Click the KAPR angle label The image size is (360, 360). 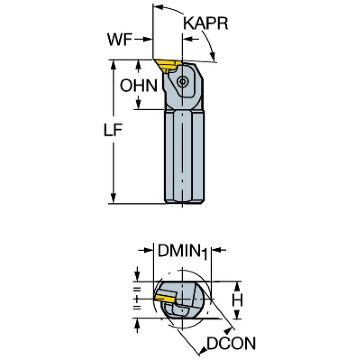coord(206,23)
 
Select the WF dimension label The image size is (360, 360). coord(120,39)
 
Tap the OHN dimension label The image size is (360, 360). coord(138,85)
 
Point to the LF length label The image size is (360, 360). coord(113,130)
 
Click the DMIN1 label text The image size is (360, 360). coord(183,252)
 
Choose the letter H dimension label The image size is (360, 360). coord(237,300)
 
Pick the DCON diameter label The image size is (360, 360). coord(231,344)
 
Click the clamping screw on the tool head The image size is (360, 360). coord(183,81)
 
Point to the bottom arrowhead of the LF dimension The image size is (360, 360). coord(113,198)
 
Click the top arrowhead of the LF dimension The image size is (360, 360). coord(113,65)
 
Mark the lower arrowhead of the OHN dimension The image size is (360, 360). coord(138,105)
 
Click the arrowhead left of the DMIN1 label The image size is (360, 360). coord(148,250)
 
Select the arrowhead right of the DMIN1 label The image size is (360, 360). coord(216,250)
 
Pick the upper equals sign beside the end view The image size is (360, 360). coord(137,289)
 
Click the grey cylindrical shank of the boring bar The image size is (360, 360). coord(184,157)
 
